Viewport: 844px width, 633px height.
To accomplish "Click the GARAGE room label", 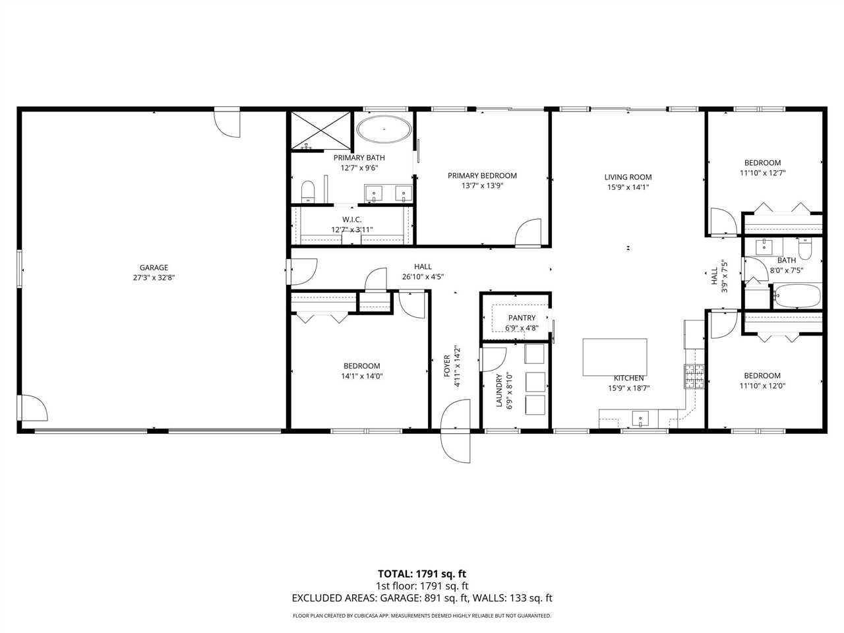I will [x=154, y=268].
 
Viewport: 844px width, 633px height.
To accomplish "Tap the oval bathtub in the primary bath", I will [x=383, y=130].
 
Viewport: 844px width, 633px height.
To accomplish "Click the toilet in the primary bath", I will [x=309, y=192].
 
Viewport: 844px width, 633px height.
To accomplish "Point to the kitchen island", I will [x=615, y=357].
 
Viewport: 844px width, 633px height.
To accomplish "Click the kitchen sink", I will [x=640, y=418].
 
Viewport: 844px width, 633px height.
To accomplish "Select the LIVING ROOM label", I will [x=628, y=177].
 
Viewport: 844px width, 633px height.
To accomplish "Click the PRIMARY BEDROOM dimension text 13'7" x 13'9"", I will [x=482, y=186].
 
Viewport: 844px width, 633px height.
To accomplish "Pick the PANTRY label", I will [x=522, y=318].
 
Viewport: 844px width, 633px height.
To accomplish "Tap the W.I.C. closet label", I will [x=351, y=220].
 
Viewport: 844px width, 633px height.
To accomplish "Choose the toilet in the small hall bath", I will [x=805, y=250].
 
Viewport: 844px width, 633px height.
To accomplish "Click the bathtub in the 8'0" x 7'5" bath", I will [x=797, y=296].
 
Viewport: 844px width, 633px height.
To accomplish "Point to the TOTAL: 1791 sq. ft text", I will [x=421, y=574].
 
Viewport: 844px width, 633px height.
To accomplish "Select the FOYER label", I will [x=446, y=366].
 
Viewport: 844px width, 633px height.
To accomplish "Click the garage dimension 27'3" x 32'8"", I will [x=154, y=278].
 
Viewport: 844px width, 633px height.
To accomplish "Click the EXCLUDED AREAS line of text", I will [x=421, y=599].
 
